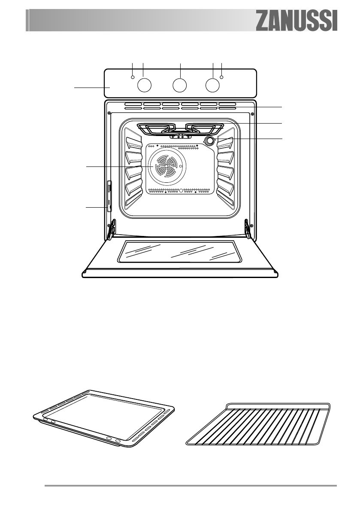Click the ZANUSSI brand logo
pyautogui.click(x=297, y=21)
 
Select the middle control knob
pyautogui.click(x=180, y=85)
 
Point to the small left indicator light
pyautogui.click(x=133, y=78)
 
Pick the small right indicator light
pyautogui.click(x=222, y=78)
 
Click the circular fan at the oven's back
pyautogui.click(x=165, y=166)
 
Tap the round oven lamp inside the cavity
pyautogui.click(x=209, y=141)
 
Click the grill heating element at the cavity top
pyautogui.click(x=180, y=128)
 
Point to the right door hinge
pyautogui.click(x=247, y=228)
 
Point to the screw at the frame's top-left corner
pyautogui.click(x=109, y=113)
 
